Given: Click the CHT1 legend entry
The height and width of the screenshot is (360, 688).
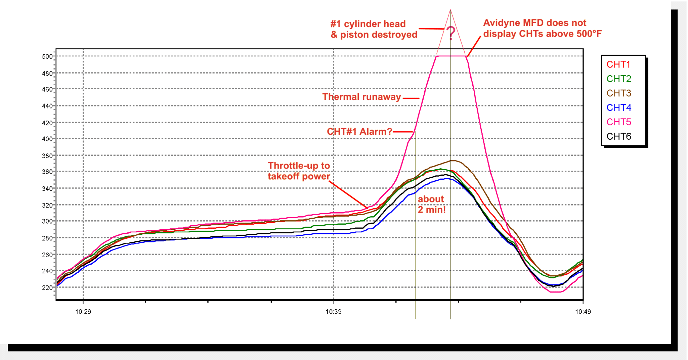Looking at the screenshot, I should tap(618, 64).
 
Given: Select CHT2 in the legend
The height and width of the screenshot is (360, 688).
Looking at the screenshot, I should tap(619, 79).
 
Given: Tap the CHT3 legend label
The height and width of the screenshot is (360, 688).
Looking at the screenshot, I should tap(619, 93).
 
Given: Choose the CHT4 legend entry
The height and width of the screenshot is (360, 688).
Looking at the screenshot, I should tap(619, 107).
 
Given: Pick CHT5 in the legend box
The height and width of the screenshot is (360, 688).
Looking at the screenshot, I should tap(619, 122).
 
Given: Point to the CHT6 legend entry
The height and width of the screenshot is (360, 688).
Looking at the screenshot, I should tap(619, 136).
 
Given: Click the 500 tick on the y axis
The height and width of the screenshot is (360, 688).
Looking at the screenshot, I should tap(47, 56).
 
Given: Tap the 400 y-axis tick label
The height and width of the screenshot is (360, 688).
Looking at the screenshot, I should tap(47, 139).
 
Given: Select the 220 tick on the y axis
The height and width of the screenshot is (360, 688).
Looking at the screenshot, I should tap(47, 288).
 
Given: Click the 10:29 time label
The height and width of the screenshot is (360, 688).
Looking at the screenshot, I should tap(83, 312).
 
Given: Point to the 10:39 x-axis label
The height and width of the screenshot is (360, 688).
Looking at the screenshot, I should tap(333, 312).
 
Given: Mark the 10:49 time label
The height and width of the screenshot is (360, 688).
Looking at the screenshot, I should tap(583, 312).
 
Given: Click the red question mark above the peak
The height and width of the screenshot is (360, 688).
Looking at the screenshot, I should tap(451, 33).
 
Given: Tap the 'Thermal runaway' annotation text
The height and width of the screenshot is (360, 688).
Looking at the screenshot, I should tap(361, 97).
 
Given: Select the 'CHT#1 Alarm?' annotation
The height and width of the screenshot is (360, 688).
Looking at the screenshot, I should tap(359, 132).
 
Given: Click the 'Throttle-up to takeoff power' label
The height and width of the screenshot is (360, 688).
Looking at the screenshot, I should tap(299, 171).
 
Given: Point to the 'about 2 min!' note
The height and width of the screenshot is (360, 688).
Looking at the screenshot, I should tap(431, 204).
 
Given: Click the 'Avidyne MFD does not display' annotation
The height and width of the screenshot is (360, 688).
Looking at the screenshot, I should tap(542, 28).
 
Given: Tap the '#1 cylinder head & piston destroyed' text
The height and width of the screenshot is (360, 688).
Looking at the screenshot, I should tap(374, 29).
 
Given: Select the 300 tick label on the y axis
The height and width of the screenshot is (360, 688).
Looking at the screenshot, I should tap(47, 221).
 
